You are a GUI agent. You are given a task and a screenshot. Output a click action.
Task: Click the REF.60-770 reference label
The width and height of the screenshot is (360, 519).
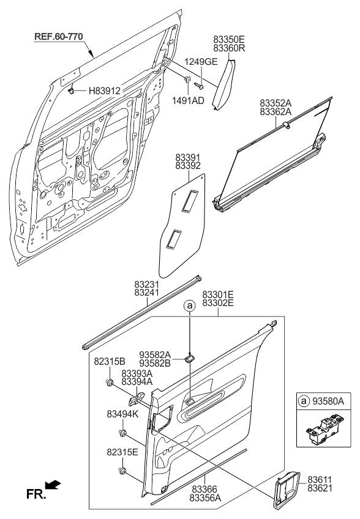tap(58, 36)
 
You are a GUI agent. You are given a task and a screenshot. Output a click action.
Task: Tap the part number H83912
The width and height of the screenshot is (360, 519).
tap(105, 91)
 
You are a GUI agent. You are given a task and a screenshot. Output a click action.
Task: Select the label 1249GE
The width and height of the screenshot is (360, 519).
tap(200, 61)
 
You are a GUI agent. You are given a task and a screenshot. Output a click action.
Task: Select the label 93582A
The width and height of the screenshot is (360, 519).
tap(155, 354)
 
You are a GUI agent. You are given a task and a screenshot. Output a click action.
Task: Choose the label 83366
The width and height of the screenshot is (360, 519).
tap(204, 490)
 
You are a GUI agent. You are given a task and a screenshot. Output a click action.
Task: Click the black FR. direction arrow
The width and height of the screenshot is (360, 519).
tap(54, 485)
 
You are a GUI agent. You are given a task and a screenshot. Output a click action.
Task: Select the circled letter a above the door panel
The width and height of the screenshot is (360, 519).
tap(190, 305)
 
